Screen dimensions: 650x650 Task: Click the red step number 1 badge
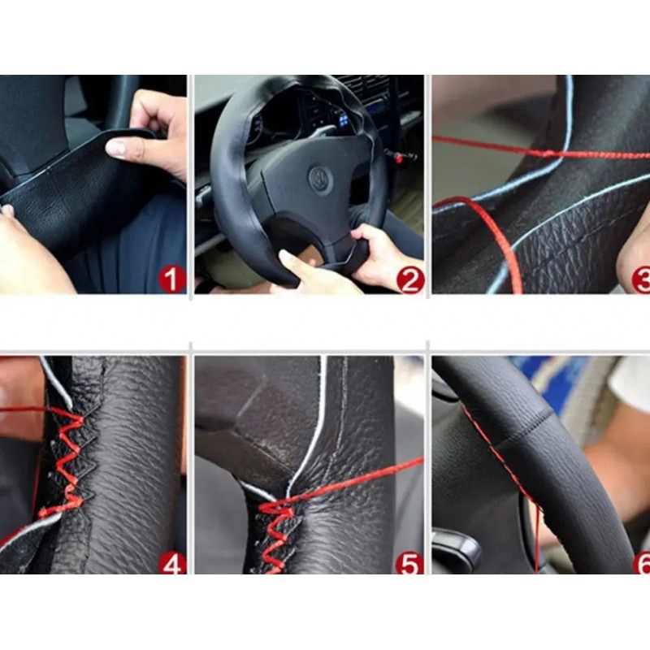(x=172, y=279)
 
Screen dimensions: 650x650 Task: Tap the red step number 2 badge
(x=410, y=280)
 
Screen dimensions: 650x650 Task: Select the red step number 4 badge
(x=172, y=561)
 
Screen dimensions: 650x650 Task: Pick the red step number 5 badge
(x=410, y=562)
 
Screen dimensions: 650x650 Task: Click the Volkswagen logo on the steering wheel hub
(x=321, y=178)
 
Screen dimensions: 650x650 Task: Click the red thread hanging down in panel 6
(x=538, y=539)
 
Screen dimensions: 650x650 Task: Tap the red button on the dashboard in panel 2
(x=399, y=158)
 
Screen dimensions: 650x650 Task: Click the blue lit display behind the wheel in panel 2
(x=375, y=109)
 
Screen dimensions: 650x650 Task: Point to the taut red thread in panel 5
(x=357, y=481)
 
